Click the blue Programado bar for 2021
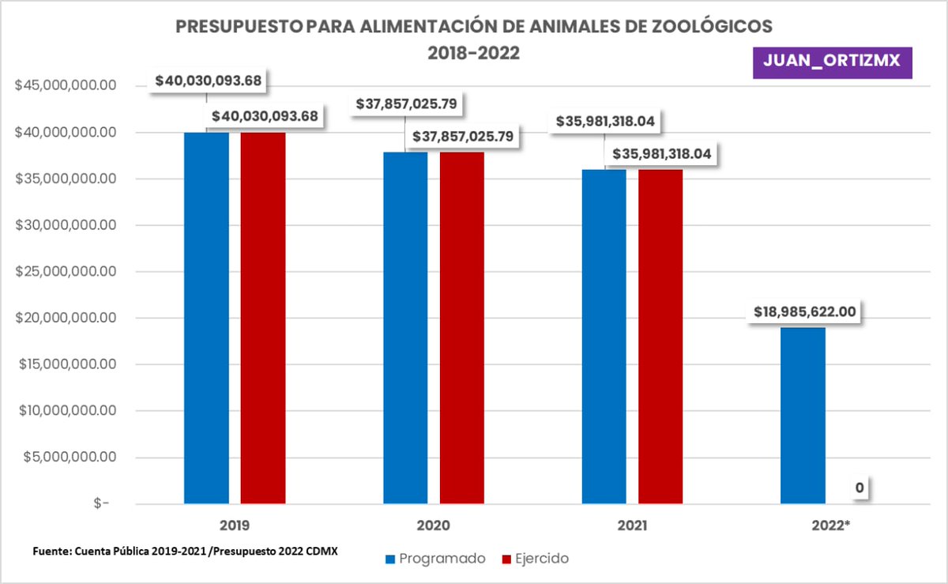pos(604,336)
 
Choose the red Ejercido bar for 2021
pos(661,336)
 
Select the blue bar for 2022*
pos(803,415)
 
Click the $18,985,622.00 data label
pos(803,311)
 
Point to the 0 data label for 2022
pos(859,488)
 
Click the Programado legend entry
pos(435,559)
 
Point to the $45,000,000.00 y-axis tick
pos(66,86)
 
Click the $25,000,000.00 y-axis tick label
pos(66,272)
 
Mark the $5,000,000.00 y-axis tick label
pos(66,458)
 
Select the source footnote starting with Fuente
pos(185,551)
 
